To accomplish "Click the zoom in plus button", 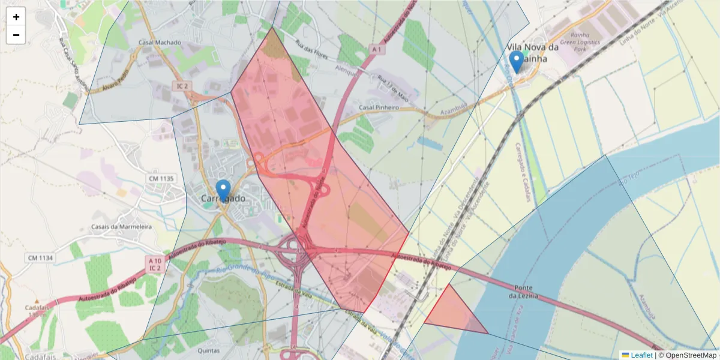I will pyautogui.click(x=16, y=17).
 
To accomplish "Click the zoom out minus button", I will pyautogui.click(x=16, y=35).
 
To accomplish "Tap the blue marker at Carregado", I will pyautogui.click(x=223, y=190).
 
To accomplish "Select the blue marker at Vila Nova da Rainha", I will pyautogui.click(x=516, y=61).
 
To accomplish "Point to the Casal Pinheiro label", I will pyautogui.click(x=379, y=107).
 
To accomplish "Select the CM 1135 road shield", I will pyautogui.click(x=160, y=178).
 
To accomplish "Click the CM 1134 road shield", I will pyautogui.click(x=40, y=257).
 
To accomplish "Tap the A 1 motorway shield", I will pyautogui.click(x=377, y=49).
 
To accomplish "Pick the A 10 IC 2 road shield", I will pyautogui.click(x=155, y=264).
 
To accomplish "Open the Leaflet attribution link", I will pyautogui.click(x=641, y=355).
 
